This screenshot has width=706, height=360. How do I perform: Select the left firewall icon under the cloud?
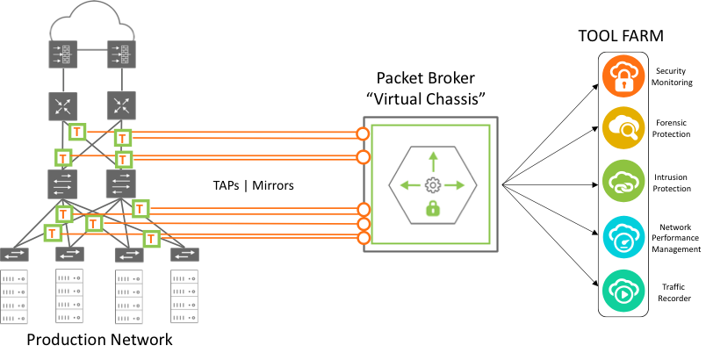tap(63, 54)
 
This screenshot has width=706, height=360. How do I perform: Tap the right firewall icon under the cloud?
tap(121, 54)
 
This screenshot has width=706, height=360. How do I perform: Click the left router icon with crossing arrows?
tap(63, 106)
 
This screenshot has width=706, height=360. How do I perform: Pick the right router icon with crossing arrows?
tap(121, 106)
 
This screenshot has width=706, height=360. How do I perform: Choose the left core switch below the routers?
tap(63, 184)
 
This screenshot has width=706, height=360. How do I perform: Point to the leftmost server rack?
tap(14, 296)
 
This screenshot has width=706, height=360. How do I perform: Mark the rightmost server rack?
tap(184, 296)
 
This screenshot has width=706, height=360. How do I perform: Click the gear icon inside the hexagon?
tap(432, 185)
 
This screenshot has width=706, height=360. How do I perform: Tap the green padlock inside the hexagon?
tap(432, 208)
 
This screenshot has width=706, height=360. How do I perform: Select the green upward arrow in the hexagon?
tap(432, 162)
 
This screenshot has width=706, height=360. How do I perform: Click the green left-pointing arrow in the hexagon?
tap(409, 185)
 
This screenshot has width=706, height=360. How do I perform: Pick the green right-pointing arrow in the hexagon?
tap(455, 185)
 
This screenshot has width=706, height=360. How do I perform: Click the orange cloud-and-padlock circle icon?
tap(623, 76)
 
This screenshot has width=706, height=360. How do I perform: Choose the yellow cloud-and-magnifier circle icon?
tap(623, 128)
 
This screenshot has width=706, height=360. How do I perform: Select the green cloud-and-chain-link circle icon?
tap(623, 182)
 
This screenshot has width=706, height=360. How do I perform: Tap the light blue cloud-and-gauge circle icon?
tap(623, 236)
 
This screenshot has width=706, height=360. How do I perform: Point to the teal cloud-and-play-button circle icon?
tap(623, 291)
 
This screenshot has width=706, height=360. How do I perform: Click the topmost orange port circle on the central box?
tap(363, 133)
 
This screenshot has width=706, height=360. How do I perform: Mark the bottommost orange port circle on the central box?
tap(363, 238)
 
